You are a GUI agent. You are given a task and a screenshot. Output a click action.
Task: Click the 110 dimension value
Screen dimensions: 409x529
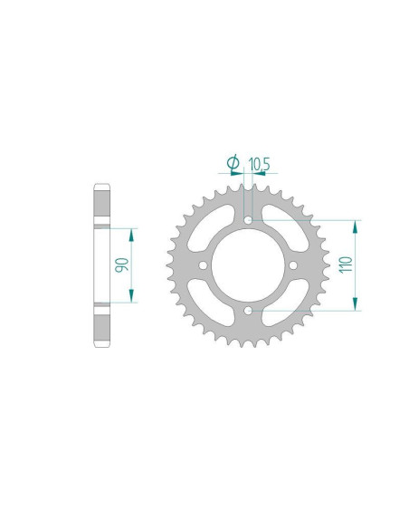pos(347,264)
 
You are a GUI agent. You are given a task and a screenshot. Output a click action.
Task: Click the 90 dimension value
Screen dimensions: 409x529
pos(121,264)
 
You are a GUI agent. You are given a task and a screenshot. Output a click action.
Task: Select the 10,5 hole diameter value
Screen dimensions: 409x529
pos(259,164)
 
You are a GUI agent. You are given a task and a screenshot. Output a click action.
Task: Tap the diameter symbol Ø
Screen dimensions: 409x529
pos(233,163)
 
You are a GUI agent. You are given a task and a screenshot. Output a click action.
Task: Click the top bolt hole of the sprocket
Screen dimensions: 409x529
pos(248,221)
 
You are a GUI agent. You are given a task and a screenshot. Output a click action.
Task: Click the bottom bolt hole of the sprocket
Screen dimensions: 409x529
pos(248,311)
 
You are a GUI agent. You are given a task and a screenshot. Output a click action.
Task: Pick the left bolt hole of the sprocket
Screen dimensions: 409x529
pos(204,265)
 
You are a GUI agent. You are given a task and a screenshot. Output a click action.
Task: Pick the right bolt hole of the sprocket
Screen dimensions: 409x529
pos(293,265)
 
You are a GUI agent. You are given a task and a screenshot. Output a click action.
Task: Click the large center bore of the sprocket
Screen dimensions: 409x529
pos(248,265)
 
